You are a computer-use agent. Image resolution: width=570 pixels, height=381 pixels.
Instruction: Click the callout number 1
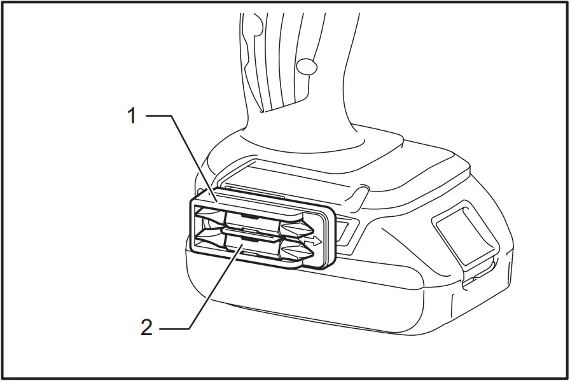coord(132,116)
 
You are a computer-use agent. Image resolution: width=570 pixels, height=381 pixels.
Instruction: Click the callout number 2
coord(147,328)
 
